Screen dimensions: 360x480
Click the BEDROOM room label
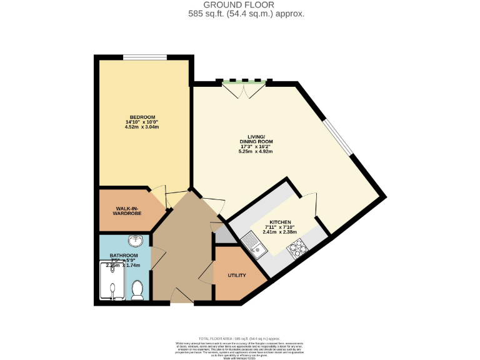point(142,117)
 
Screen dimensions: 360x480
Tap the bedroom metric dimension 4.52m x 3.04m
point(142,127)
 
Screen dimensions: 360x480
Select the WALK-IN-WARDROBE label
point(126,211)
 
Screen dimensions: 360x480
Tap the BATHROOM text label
point(124,256)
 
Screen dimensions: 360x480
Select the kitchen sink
point(256,244)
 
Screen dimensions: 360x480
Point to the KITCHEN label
point(281,222)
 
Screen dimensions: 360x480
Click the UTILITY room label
point(237,275)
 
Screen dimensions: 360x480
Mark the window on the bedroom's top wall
point(145,58)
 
